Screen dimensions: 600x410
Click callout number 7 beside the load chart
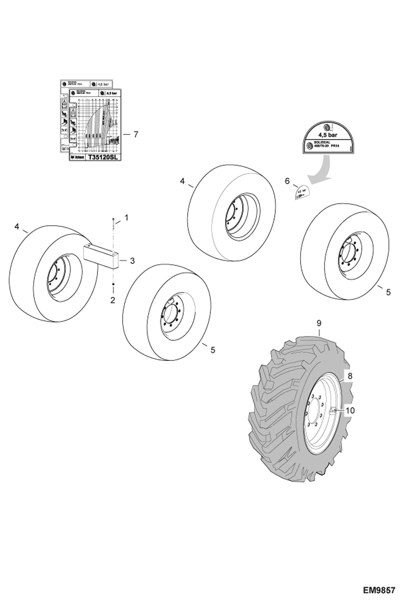pos(135,135)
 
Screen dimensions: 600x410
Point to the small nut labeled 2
pos(113,285)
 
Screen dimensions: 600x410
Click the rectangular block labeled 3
pos(100,256)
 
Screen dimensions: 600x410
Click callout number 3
pos(132,261)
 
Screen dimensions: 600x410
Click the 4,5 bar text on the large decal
pos(327,135)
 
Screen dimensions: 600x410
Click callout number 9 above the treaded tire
pos(319,323)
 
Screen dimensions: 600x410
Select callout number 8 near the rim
pos(350,376)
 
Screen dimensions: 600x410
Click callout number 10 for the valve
pos(350,410)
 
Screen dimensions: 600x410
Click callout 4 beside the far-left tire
pos(17,227)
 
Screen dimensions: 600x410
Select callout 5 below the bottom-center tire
pos(213,349)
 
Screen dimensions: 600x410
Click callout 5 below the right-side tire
pos(388,292)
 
